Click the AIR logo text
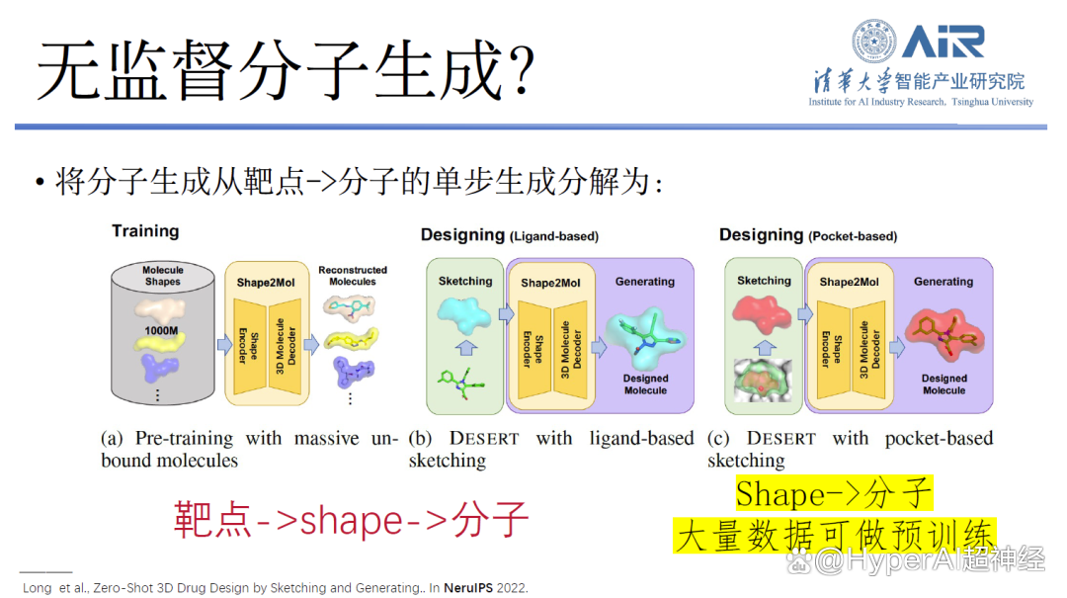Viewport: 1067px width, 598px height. coord(944,42)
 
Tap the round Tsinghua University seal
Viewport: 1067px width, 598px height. coord(873,41)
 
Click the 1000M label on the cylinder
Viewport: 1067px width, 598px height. coord(161,330)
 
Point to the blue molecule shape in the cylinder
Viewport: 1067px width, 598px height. coord(160,369)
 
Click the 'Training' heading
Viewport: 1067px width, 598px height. coord(145,231)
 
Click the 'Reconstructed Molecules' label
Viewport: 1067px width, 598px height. coord(353,276)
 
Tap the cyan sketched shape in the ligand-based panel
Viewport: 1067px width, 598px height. coord(464,314)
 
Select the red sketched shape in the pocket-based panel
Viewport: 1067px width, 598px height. coord(762,314)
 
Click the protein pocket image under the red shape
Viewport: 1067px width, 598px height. coord(763,381)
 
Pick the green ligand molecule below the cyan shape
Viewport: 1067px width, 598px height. coord(461,384)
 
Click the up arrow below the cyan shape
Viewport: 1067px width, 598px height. coord(466,348)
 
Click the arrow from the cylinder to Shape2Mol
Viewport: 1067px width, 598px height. coord(224,345)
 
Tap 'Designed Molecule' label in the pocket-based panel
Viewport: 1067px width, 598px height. coord(944,384)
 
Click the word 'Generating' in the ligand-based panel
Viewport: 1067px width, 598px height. coord(645,282)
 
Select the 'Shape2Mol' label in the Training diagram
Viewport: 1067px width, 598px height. coord(266,283)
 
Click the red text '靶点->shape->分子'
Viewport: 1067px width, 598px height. coord(351,520)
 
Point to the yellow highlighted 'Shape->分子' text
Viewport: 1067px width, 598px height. coord(834,493)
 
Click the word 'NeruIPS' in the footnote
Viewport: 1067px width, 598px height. coord(468,588)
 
